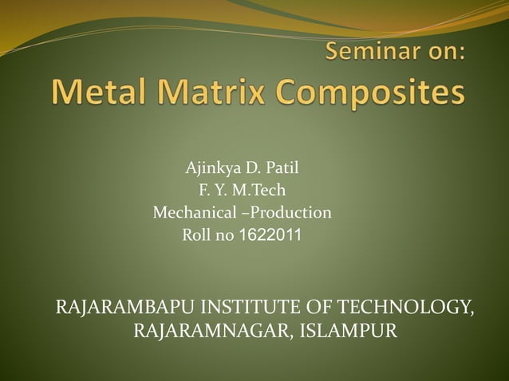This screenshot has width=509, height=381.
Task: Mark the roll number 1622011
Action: pyautogui.click(x=270, y=235)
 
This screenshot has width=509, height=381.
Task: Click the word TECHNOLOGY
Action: pyautogui.click(x=406, y=307)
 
